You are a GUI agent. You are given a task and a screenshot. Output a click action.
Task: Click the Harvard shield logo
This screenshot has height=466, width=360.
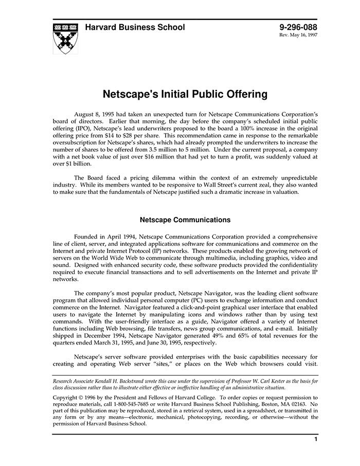[65, 39]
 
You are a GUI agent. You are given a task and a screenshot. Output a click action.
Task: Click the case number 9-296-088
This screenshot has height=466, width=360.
[298, 27]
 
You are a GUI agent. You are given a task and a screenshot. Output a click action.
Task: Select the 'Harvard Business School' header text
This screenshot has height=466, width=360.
[135, 27]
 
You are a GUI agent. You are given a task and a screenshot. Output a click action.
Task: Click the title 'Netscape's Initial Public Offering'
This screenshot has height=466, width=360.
[185, 95]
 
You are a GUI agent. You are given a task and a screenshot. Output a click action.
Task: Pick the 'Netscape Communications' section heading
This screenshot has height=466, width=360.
[185, 220]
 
